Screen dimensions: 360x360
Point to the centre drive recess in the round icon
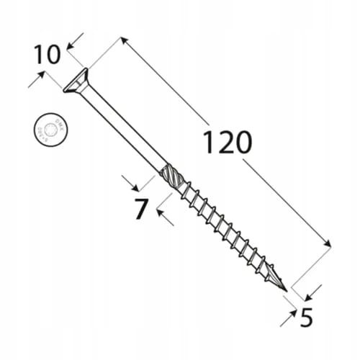coord(48,130)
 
